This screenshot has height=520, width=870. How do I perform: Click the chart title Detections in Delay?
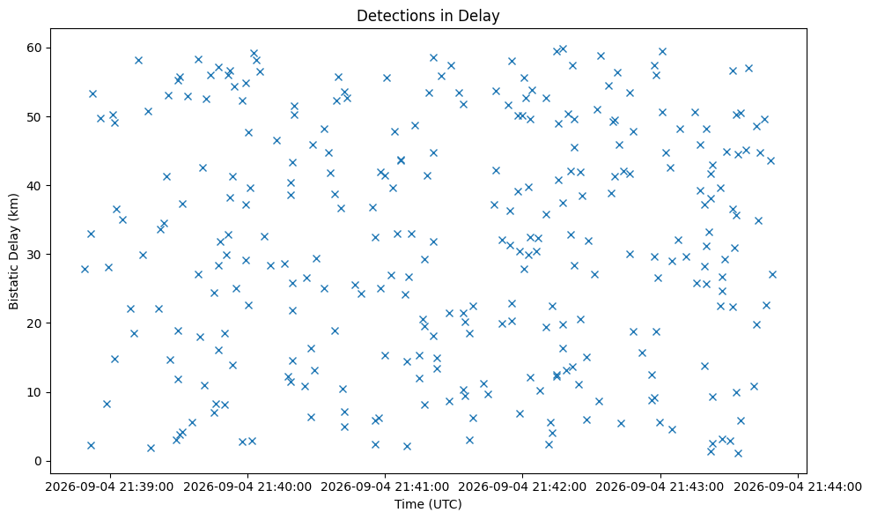click(x=428, y=16)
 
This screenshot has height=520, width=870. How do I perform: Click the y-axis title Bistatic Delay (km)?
click(x=13, y=251)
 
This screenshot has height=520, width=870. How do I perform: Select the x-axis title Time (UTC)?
click(x=428, y=504)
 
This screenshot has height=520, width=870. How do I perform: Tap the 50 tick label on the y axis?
click(x=35, y=116)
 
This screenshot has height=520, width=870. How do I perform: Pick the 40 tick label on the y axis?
click(x=35, y=186)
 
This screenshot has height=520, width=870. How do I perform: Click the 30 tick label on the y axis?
click(x=35, y=255)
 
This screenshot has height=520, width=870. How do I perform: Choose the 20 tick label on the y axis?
click(x=35, y=323)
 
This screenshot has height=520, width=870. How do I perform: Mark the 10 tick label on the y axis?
click(x=35, y=392)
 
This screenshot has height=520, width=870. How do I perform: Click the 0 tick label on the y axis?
click(x=39, y=461)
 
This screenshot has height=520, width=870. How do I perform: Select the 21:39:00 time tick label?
click(x=109, y=487)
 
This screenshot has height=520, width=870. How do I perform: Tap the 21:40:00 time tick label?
click(x=247, y=487)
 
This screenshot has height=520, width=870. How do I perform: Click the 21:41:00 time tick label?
click(x=385, y=487)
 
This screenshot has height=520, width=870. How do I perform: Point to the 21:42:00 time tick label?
click(x=522, y=487)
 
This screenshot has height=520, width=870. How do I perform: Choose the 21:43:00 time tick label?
click(x=660, y=487)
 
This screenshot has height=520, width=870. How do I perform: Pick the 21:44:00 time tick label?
click(x=798, y=487)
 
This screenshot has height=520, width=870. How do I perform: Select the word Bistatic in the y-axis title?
click(x=13, y=286)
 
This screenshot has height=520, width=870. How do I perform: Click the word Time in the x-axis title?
click(x=408, y=504)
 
